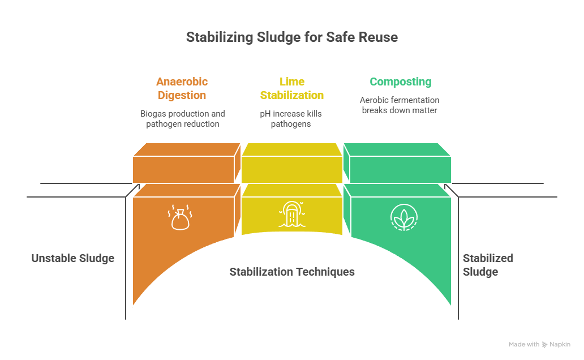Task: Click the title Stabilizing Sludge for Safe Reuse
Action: pyautogui.click(x=292, y=37)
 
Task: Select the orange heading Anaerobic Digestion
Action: pyautogui.click(x=182, y=88)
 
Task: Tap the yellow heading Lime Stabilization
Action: pyautogui.click(x=292, y=88)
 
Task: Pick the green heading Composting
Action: pyautogui.click(x=401, y=82)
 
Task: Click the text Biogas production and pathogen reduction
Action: pyautogui.click(x=182, y=118)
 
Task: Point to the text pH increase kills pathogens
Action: pyautogui.click(x=291, y=118)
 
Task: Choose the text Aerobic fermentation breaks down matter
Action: pyautogui.click(x=400, y=105)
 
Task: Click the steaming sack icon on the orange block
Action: pyautogui.click(x=180, y=217)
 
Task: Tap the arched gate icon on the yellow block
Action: pyautogui.click(x=292, y=215)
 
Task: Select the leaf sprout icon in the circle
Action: pyautogui.click(x=403, y=217)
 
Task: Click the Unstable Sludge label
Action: pyautogui.click(x=72, y=258)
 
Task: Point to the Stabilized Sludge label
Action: pyautogui.click(x=488, y=265)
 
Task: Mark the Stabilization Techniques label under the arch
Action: pyautogui.click(x=292, y=272)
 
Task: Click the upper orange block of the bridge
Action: pyautogui.click(x=187, y=163)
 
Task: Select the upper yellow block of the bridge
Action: pyautogui.click(x=292, y=163)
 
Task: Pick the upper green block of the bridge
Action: pyautogui.click(x=397, y=163)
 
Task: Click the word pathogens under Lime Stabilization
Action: pyautogui.click(x=291, y=124)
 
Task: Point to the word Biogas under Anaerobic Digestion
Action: pyautogui.click(x=153, y=114)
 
